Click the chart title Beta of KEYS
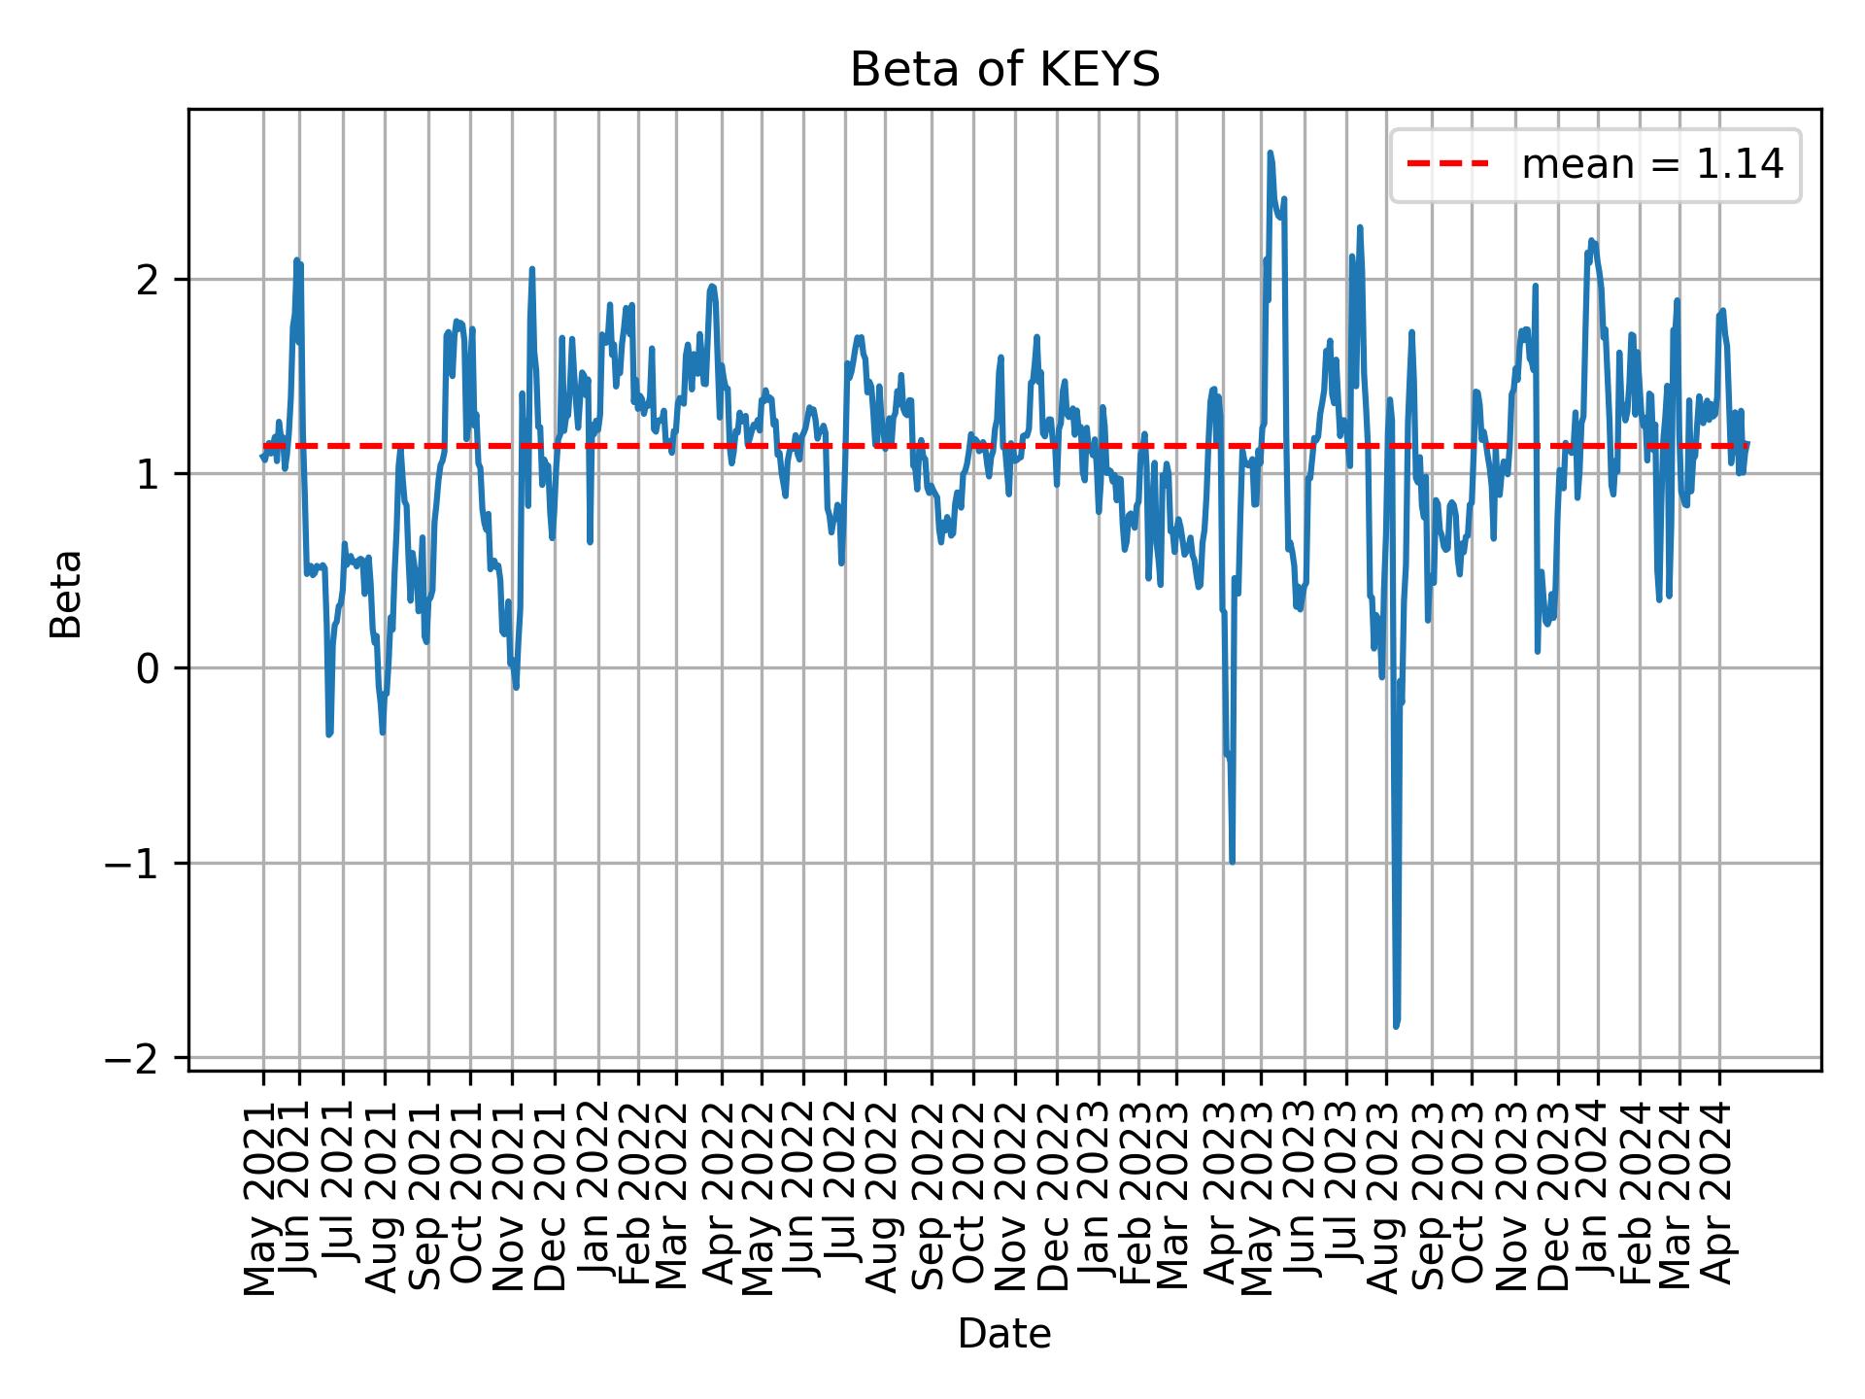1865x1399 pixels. [x=1004, y=70]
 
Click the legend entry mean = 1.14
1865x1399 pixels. [x=1651, y=165]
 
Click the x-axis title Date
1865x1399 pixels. [x=1004, y=1334]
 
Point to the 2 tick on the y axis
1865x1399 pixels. [x=148, y=281]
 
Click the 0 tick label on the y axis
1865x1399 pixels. [x=148, y=669]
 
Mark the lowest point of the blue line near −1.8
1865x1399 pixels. [x=1396, y=1025]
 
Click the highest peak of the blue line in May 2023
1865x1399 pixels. [x=1270, y=154]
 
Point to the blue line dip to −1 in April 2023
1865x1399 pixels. [x=1232, y=861]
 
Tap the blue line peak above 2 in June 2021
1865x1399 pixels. [x=296, y=261]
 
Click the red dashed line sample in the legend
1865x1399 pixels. [x=1447, y=165]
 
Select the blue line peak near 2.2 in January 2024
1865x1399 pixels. [x=1591, y=241]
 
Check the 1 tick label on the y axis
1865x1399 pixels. [x=148, y=475]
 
